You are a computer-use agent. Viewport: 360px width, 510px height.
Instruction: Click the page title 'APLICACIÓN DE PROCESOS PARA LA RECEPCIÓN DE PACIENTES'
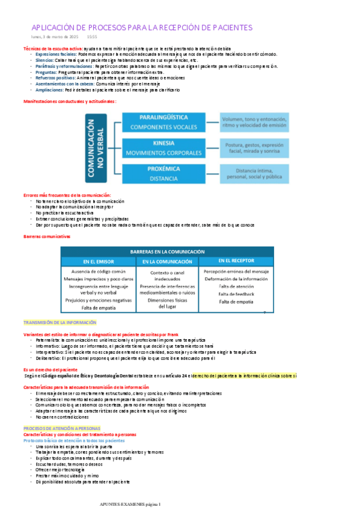tap(142, 28)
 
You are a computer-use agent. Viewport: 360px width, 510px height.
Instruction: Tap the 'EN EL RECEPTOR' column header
tap(236, 261)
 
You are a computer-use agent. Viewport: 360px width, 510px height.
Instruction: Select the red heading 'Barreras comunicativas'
tap(47, 236)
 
